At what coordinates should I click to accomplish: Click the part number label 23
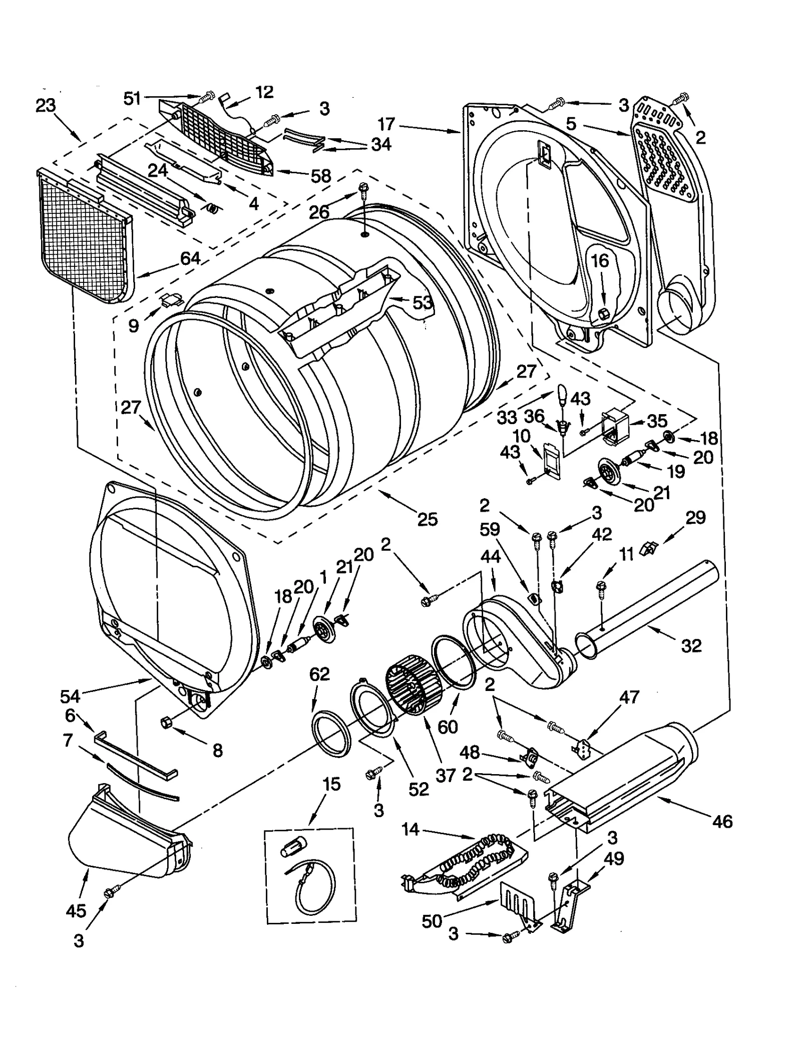click(46, 106)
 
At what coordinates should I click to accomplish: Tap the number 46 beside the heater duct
click(721, 821)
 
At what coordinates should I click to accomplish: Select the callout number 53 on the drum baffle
click(423, 302)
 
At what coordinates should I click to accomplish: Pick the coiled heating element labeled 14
click(476, 856)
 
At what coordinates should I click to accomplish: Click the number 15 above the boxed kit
click(331, 784)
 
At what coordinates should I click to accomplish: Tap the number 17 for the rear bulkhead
click(386, 124)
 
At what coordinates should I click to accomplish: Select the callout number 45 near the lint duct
click(76, 910)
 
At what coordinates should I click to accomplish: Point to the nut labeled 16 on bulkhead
click(603, 314)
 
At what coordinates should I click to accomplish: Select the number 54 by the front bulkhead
click(70, 696)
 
